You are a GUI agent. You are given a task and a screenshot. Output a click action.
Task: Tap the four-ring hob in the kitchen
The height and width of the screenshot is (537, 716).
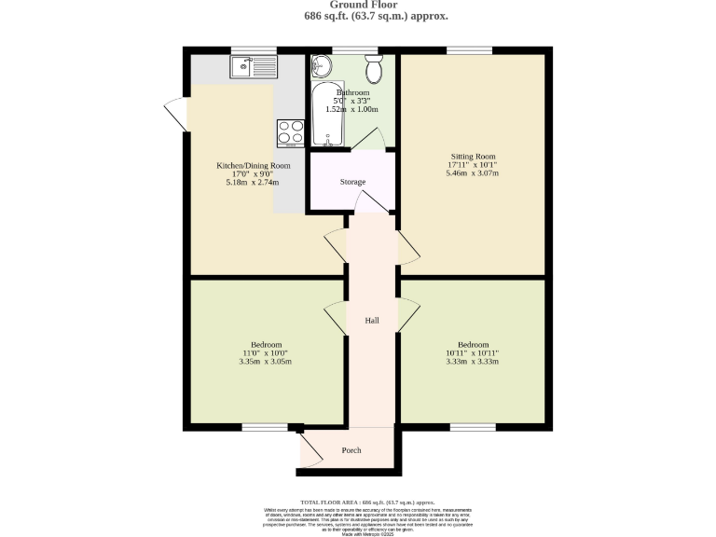(290, 132)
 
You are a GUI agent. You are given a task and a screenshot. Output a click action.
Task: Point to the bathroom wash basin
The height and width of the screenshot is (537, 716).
(322, 66)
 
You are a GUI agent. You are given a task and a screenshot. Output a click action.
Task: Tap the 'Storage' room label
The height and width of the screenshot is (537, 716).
(352, 182)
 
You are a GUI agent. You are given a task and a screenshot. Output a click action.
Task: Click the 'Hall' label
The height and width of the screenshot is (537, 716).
(372, 321)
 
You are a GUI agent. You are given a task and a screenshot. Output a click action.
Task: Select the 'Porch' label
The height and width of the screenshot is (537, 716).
(351, 451)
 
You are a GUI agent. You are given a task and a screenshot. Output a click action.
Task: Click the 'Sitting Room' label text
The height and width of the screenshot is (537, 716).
(472, 156)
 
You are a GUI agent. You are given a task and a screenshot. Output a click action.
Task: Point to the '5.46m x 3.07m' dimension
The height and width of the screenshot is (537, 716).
(472, 173)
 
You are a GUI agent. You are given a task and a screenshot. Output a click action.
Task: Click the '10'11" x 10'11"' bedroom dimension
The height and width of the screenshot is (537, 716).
(472, 352)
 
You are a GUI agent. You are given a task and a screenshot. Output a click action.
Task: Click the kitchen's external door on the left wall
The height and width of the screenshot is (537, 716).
(174, 116)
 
